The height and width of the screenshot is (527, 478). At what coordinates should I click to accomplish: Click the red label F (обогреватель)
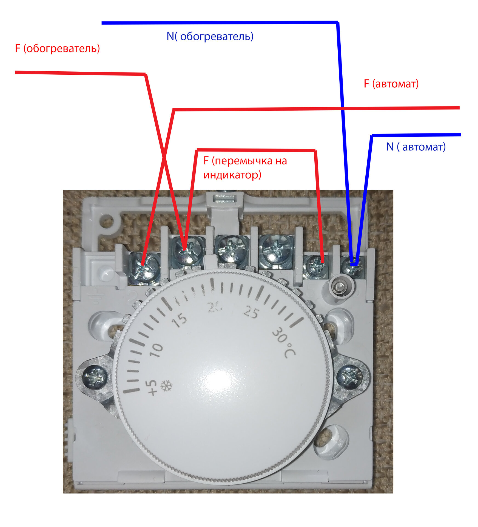(57, 48)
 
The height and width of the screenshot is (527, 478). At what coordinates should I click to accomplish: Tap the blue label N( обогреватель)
(210, 36)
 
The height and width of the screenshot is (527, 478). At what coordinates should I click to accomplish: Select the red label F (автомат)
(391, 83)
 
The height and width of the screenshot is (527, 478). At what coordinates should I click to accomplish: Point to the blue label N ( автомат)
(416, 147)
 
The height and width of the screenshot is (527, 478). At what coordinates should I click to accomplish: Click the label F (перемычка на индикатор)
(245, 167)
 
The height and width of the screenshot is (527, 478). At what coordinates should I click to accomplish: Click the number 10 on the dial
(156, 350)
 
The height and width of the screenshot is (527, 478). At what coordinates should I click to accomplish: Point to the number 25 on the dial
(251, 312)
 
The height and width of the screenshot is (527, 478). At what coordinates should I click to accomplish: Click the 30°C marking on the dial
(284, 342)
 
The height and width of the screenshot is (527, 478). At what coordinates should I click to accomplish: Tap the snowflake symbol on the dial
(166, 385)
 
